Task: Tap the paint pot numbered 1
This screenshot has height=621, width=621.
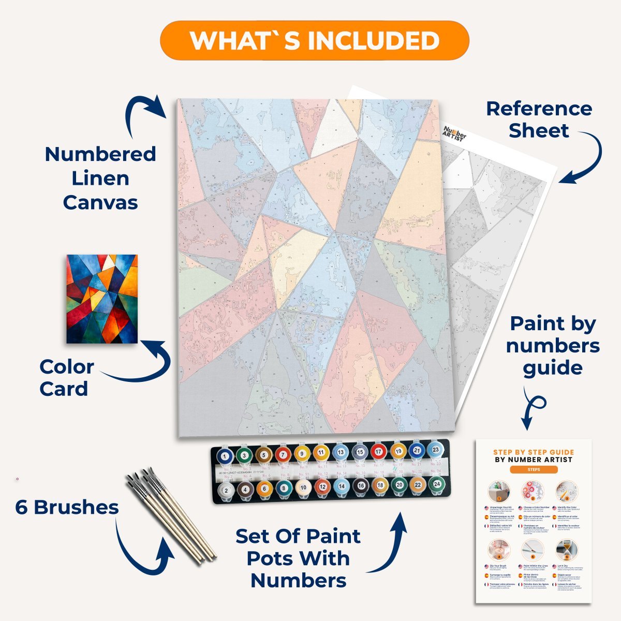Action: tap(225, 456)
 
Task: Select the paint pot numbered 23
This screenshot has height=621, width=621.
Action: tap(436, 450)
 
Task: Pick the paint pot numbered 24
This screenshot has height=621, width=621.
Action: tap(436, 484)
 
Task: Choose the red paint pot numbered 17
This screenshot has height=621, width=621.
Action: tap(379, 452)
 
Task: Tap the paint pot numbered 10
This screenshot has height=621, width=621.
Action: tap(303, 487)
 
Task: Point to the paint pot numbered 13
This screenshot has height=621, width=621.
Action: tap(341, 453)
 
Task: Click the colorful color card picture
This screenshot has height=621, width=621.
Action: tap(102, 299)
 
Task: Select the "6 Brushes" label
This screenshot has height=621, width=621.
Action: tap(67, 507)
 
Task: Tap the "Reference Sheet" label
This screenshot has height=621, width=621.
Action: tap(538, 120)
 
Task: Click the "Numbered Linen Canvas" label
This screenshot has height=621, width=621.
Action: tap(100, 178)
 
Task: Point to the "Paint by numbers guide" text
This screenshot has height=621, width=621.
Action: tap(552, 346)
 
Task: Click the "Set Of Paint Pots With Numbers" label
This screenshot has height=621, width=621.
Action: tap(298, 558)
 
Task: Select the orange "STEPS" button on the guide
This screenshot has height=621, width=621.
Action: tap(533, 469)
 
